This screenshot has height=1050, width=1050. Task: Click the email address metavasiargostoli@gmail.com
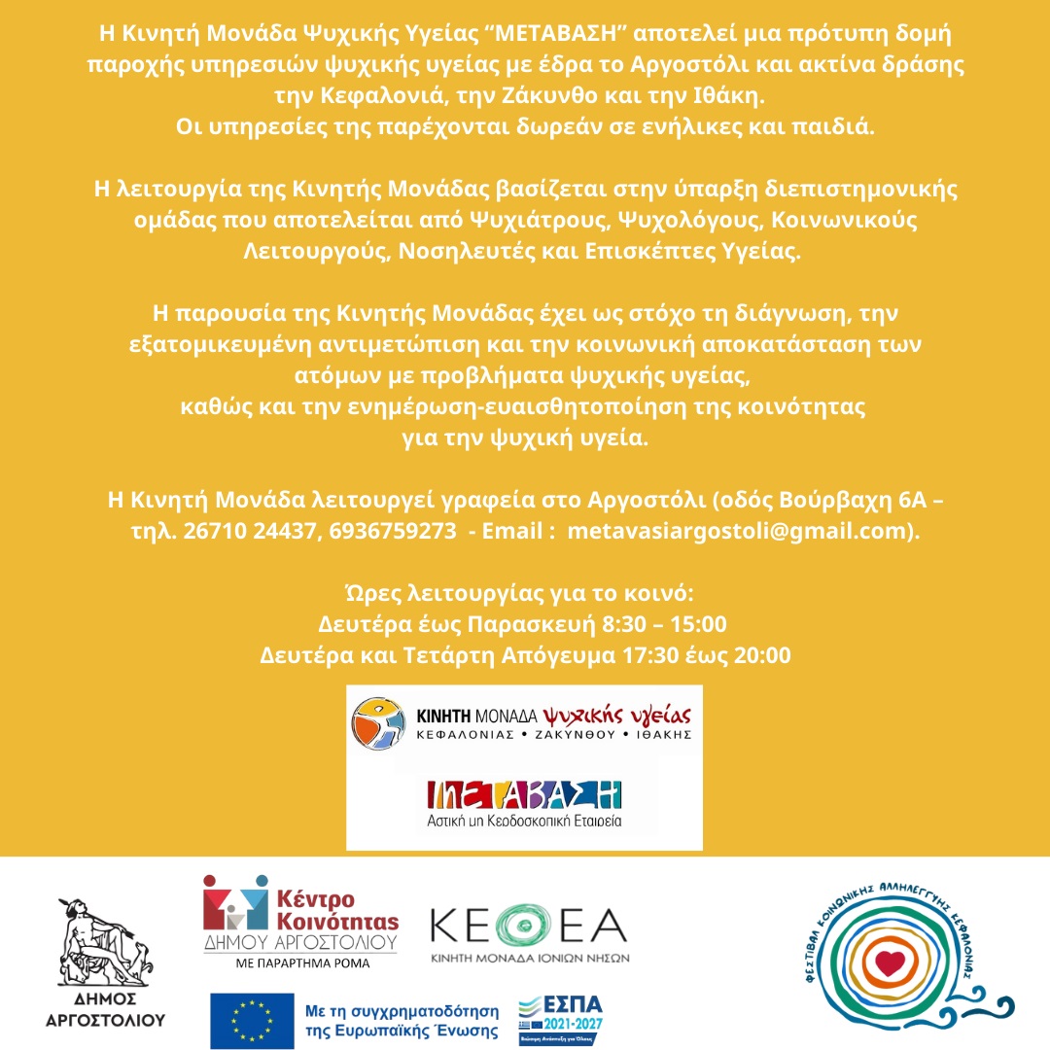pos(739,532)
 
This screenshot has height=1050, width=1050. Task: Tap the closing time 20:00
pos(763,655)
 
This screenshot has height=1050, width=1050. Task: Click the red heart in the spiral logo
pos(888,963)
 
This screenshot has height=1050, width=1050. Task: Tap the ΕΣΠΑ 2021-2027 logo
pos(562,1019)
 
